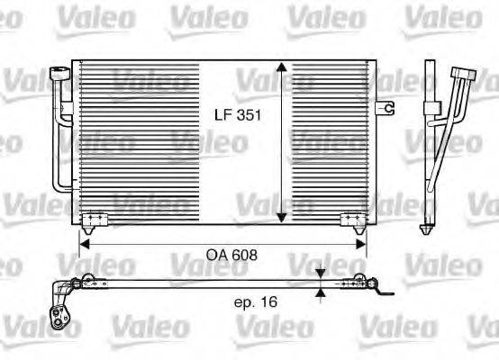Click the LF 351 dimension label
click(231, 116)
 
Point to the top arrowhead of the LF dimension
click(282, 69)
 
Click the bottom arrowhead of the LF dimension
click(282, 216)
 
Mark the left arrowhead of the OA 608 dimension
click(86, 242)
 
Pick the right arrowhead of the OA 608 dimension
click(362, 242)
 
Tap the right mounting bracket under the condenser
click(351, 220)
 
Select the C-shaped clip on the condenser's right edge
click(389, 108)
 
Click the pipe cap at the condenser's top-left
click(59, 71)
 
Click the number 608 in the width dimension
click(245, 255)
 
